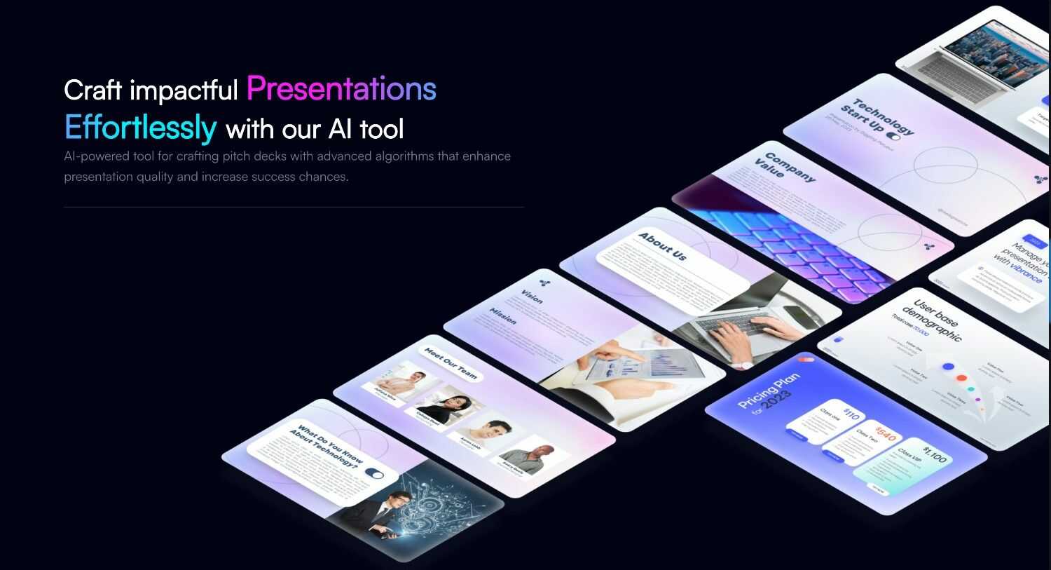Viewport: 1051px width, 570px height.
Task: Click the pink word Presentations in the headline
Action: coord(341,89)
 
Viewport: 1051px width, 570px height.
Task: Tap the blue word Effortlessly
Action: coord(140,128)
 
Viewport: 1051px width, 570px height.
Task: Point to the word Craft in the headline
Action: coord(92,90)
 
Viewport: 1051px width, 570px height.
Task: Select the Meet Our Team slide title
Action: coord(451,363)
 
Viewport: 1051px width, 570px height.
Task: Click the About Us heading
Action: coord(662,247)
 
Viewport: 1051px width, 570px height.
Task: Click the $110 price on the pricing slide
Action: coord(851,415)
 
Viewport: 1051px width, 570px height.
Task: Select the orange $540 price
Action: coord(886,433)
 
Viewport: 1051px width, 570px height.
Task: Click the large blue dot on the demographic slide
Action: coord(948,366)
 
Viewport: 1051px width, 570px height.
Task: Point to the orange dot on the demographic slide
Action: coord(963,379)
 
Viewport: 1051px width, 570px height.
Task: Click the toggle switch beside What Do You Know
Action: coord(375,474)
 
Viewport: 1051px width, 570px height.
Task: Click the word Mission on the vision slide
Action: coord(502,316)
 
